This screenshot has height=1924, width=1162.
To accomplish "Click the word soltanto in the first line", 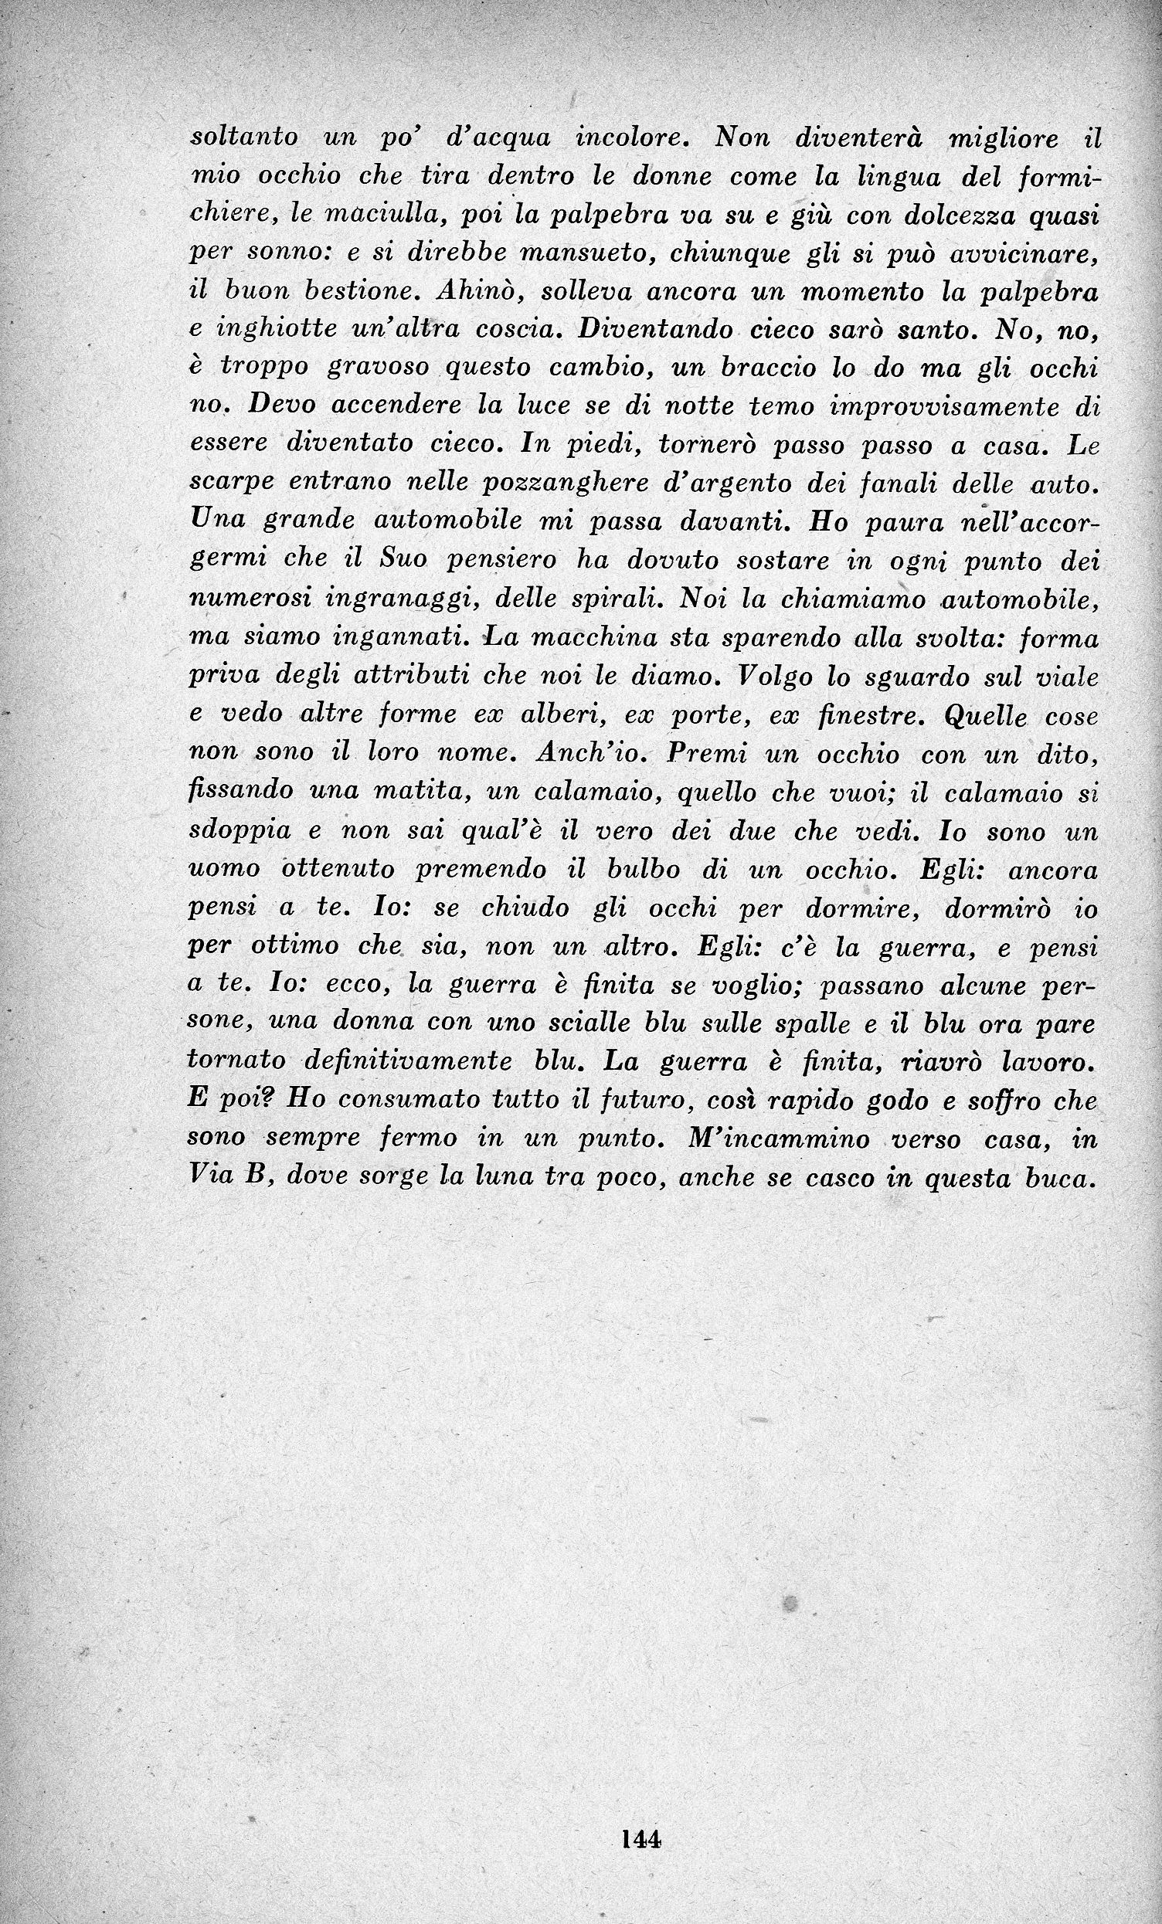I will (243, 137).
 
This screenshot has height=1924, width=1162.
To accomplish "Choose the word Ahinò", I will (463, 291).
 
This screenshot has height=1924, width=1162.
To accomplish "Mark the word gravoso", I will (378, 369).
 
